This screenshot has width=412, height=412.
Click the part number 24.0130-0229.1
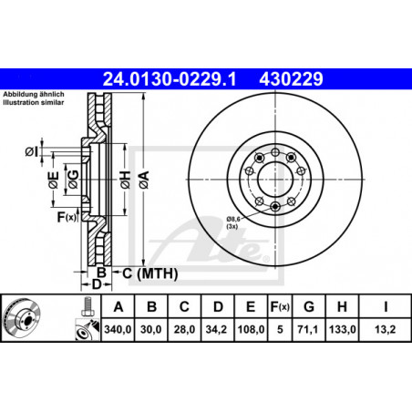170,79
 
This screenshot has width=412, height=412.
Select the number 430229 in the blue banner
291,79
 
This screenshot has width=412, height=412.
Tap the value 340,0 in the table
118,329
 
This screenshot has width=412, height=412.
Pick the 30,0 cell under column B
151,329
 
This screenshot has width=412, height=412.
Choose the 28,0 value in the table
184,329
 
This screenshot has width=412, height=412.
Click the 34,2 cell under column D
216,329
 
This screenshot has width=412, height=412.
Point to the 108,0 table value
251,329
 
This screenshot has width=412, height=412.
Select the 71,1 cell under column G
308,329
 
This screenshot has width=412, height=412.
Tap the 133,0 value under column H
342,329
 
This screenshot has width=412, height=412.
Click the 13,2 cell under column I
386,329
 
